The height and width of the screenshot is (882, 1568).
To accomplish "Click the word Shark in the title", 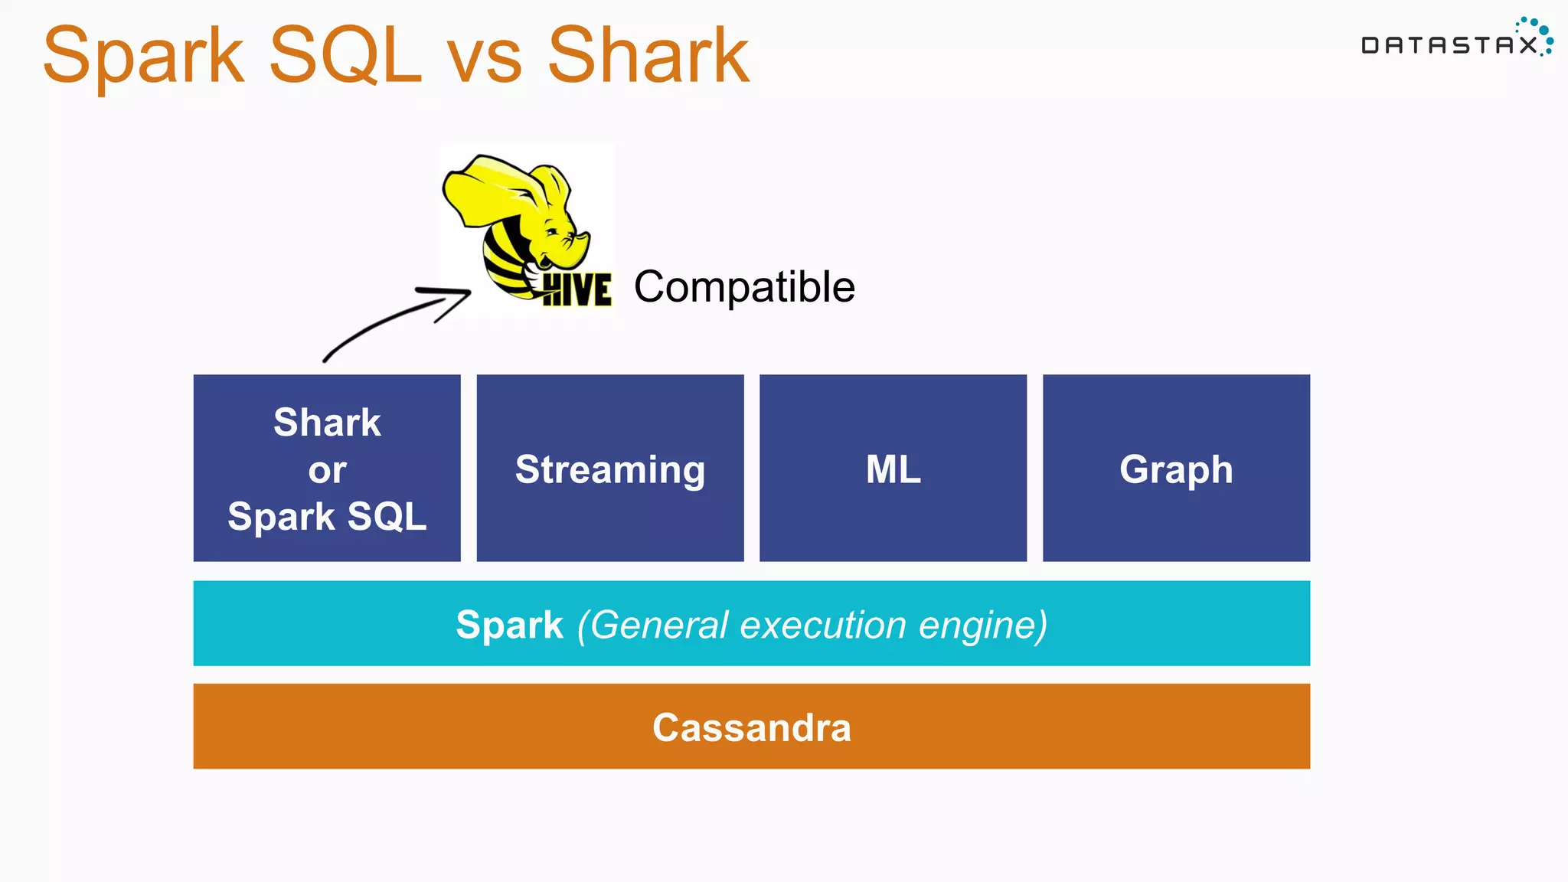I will pos(648,55).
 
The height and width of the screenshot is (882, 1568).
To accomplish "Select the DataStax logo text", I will pos(1449,45).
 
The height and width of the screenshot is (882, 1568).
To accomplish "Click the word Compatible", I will pos(744,287).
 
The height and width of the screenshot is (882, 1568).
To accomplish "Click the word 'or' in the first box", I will pos(327,470).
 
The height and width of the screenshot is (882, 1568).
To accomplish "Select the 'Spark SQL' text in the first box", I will pos(327,516).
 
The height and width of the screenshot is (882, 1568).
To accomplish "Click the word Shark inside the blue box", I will pos(327,423).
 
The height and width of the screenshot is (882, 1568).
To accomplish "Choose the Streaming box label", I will pos(610,469).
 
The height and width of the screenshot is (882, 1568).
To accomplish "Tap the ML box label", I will pos(893,469).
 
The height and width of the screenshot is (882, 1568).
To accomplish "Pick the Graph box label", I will pos(1176,469).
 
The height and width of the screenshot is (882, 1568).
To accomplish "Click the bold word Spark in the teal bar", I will pos(509,625).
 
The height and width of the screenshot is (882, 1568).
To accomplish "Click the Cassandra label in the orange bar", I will pos(751,727).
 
